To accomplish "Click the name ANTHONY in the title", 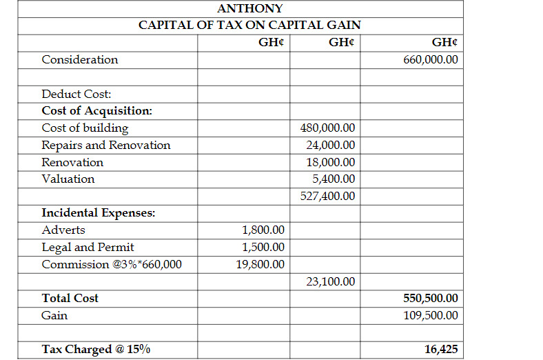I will click(x=249, y=9).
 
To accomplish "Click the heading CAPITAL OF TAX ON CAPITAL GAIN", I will click(x=249, y=25).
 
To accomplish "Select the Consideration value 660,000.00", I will click(x=431, y=60).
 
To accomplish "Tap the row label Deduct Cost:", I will click(x=76, y=94).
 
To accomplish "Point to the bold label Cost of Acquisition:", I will click(x=97, y=111).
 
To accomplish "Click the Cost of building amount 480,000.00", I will click(x=328, y=128).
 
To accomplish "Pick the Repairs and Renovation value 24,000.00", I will click(x=331, y=146).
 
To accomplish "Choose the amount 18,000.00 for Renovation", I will click(x=331, y=163).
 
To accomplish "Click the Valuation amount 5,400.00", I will click(x=334, y=179).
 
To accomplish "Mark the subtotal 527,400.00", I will click(x=328, y=196).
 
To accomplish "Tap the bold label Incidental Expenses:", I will click(x=99, y=213).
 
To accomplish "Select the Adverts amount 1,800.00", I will click(x=263, y=230).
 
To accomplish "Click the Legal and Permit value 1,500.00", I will click(x=263, y=248).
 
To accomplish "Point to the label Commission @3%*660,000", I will click(x=112, y=265).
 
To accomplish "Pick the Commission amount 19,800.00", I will click(x=260, y=265).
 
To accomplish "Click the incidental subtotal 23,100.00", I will click(x=331, y=281).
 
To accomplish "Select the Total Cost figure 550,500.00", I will click(x=431, y=299).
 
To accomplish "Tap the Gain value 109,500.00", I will click(x=431, y=316).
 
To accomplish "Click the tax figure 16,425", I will click(x=441, y=350).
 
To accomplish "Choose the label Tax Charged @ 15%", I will click(x=96, y=350).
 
